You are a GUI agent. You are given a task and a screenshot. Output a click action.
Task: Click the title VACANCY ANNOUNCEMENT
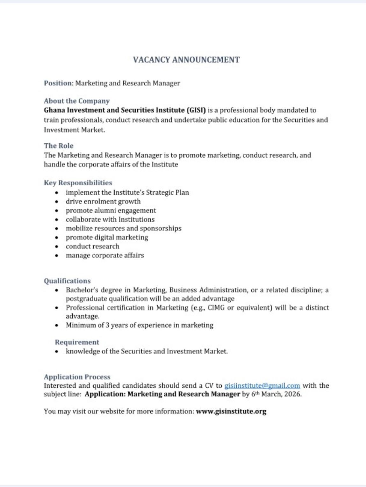pyautogui.click(x=186, y=60)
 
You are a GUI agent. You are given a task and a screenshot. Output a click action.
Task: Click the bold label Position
pyautogui.click(x=58, y=83)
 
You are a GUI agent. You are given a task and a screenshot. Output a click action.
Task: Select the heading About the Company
pyautogui.click(x=77, y=101)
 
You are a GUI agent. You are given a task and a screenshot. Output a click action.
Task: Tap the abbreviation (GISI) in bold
pyautogui.click(x=196, y=110)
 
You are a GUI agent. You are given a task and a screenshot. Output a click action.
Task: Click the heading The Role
pyautogui.click(x=59, y=146)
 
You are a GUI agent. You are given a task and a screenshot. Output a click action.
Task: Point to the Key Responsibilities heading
pyautogui.click(x=78, y=183)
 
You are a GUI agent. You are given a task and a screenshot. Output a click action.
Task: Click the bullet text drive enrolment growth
pyautogui.click(x=103, y=201)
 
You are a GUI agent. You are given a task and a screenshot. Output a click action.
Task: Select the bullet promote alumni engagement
pyautogui.click(x=111, y=211)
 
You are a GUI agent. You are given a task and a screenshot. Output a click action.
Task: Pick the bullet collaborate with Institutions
pyautogui.click(x=110, y=219)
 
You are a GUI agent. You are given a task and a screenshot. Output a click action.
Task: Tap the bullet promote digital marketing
pyautogui.click(x=107, y=237)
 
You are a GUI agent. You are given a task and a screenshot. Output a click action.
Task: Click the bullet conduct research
pyautogui.click(x=92, y=246)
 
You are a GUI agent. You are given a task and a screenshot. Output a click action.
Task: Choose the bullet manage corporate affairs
pyautogui.click(x=105, y=255)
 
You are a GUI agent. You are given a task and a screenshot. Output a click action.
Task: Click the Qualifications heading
pyautogui.click(x=67, y=281)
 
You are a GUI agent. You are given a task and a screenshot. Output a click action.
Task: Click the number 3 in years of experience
pyautogui.click(x=107, y=325)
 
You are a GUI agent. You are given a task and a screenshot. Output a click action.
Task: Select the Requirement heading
pyautogui.click(x=77, y=342)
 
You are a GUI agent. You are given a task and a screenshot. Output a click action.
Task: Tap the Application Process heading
pyautogui.click(x=77, y=377)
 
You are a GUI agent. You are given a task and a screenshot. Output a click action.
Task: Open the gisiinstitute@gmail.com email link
pyautogui.click(x=262, y=386)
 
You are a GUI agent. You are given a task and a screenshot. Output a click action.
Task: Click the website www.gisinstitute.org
pyautogui.click(x=231, y=411)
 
